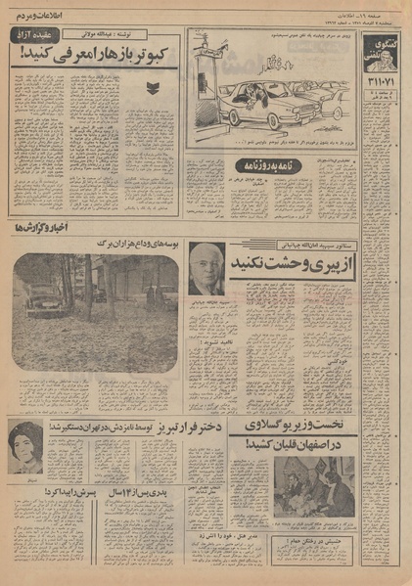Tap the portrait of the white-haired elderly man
[208, 267]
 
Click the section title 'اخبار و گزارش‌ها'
[31, 227]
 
